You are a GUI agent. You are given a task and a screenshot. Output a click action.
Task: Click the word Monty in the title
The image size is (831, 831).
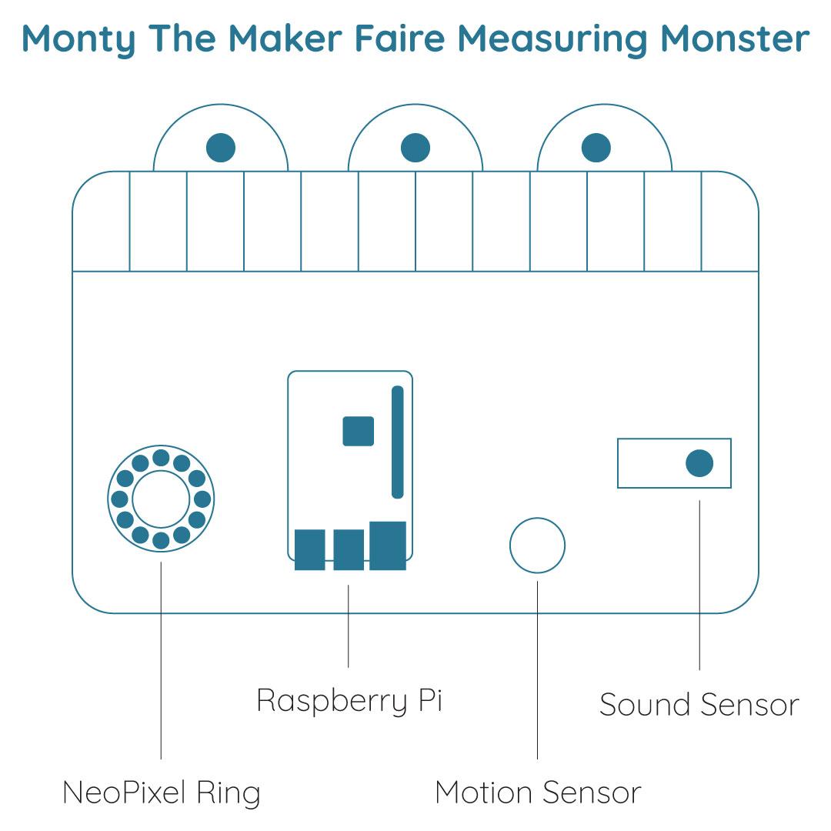pyautogui.click(x=78, y=40)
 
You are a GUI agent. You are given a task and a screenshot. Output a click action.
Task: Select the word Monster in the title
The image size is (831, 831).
pyautogui.click(x=735, y=38)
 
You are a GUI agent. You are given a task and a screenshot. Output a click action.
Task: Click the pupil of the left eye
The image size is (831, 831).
pyautogui.click(x=221, y=147)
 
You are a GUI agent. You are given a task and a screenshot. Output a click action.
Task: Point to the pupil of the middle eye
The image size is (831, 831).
pyautogui.click(x=415, y=147)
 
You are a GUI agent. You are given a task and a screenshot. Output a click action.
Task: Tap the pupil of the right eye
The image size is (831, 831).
pyautogui.click(x=596, y=147)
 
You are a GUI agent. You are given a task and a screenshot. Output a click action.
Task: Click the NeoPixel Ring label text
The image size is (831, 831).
pyautogui.click(x=161, y=793)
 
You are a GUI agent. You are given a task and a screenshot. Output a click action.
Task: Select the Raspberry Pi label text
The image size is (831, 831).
pyautogui.click(x=349, y=701)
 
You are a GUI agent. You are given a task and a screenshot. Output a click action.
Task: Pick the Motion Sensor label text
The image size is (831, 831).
pyautogui.click(x=538, y=793)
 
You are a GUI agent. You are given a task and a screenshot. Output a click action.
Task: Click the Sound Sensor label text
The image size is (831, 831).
pyautogui.click(x=699, y=705)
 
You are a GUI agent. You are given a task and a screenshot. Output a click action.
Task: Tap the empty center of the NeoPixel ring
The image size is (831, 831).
pyautogui.click(x=161, y=499)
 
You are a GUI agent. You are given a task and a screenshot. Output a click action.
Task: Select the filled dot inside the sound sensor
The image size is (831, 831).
pyautogui.click(x=699, y=463)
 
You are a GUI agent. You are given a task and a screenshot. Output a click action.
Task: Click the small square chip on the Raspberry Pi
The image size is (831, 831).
pyautogui.click(x=359, y=432)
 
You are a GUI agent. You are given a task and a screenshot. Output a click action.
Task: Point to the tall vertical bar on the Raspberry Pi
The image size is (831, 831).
pyautogui.click(x=398, y=442)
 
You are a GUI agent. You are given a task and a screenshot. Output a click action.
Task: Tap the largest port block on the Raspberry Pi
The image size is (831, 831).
pyautogui.click(x=388, y=546)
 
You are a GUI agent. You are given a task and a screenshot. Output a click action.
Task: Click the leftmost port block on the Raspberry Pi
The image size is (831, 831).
pyautogui.click(x=309, y=549)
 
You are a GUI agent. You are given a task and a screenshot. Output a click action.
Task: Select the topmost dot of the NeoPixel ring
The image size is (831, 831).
pyautogui.click(x=161, y=457)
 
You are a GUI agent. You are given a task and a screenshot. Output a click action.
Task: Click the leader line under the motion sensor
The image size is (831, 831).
pyautogui.click(x=537, y=670)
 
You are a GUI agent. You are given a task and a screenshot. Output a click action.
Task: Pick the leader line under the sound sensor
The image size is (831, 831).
pyautogui.click(x=699, y=585)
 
